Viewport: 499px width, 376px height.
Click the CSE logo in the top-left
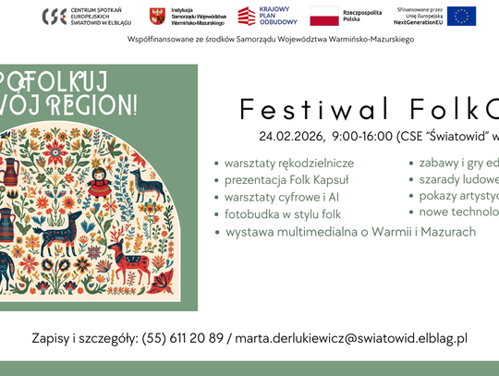[54, 16]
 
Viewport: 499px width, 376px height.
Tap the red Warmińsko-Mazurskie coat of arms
[156, 16]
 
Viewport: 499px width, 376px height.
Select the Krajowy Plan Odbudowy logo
[247, 16]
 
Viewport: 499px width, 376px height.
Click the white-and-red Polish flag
[323, 16]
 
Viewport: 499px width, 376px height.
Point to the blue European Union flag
[462, 16]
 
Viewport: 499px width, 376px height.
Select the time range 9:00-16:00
[363, 137]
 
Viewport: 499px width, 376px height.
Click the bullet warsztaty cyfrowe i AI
[279, 197]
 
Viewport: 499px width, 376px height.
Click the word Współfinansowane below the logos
[161, 41]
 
